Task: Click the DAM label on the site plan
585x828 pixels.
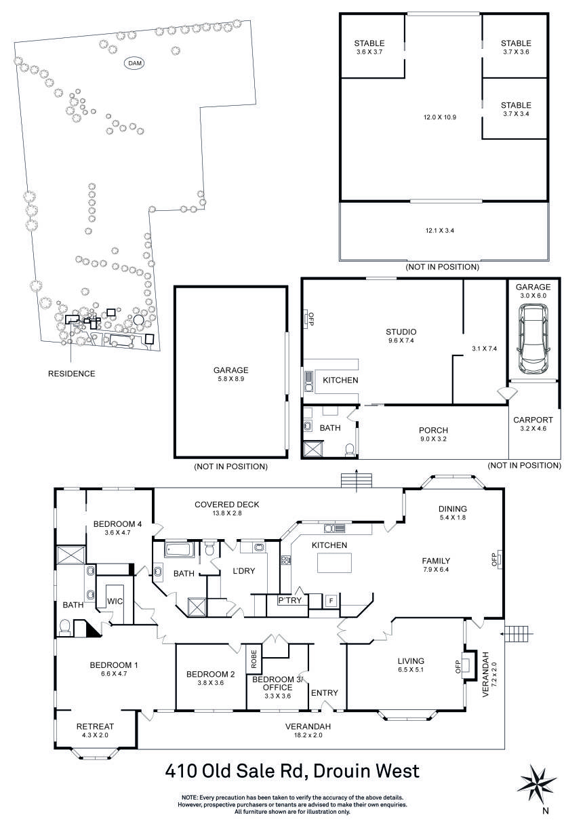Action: (x=136, y=62)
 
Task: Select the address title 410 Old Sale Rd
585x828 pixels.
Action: (x=292, y=771)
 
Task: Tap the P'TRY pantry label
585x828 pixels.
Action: (x=289, y=600)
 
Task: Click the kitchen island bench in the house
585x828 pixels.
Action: (x=334, y=564)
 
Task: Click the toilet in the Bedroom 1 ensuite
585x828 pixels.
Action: (x=66, y=627)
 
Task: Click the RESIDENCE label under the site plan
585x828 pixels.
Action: (x=71, y=374)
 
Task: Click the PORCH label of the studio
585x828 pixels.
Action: (x=433, y=434)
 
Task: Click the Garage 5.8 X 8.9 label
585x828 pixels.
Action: (x=231, y=374)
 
